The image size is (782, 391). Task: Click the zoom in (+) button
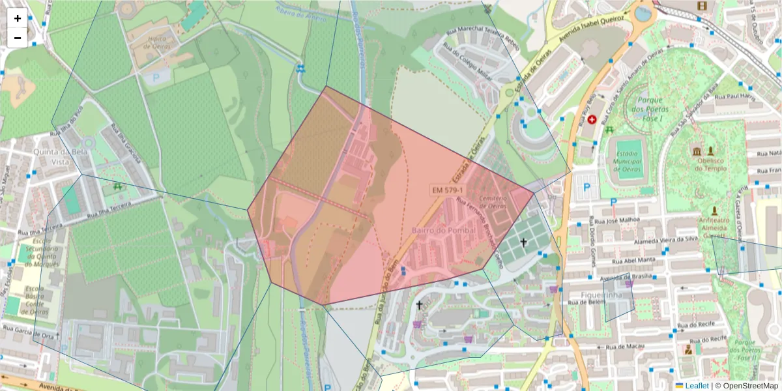(x=18, y=18)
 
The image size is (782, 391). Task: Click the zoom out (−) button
(x=18, y=38)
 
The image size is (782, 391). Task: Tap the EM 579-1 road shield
(x=448, y=190)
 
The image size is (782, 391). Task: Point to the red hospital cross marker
(x=592, y=120)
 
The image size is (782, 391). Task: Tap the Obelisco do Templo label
(x=710, y=164)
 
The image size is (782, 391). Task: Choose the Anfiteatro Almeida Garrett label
(x=715, y=227)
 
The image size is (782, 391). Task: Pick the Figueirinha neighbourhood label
(x=600, y=295)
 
